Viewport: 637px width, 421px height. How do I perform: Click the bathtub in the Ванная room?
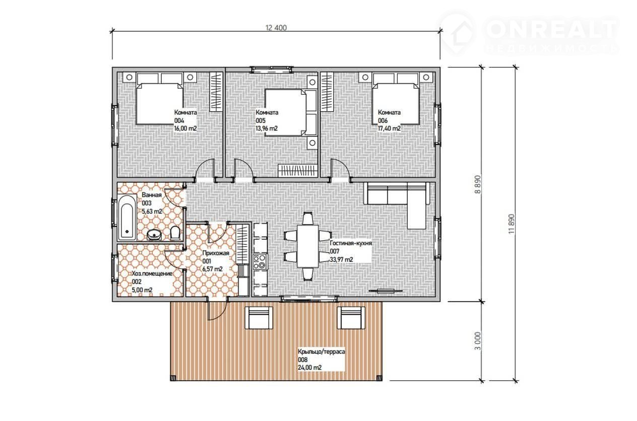coord(127,218)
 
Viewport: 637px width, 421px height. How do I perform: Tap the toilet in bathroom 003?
coord(175,233)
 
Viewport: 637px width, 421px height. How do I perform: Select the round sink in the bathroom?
coord(154,235)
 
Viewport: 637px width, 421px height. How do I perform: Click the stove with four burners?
coord(260,262)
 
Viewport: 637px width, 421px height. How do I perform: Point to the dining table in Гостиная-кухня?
coord(308,246)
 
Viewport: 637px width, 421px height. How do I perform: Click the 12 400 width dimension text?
coord(276,28)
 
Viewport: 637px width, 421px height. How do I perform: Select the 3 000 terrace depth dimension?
coord(478,341)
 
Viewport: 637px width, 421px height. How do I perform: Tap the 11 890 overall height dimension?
coord(512,224)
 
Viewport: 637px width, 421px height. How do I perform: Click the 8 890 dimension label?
coord(478,184)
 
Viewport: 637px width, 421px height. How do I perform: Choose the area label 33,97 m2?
coord(341,260)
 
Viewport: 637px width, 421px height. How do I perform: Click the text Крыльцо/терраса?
coord(322,352)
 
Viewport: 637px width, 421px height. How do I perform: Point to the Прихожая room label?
coord(216,253)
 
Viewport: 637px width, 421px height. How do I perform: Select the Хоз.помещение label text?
coord(152,273)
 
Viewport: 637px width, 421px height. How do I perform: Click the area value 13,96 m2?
coord(267,128)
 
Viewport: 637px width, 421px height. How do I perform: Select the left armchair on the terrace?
coord(259,318)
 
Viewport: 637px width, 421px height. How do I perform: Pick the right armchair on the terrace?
coord(351,318)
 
